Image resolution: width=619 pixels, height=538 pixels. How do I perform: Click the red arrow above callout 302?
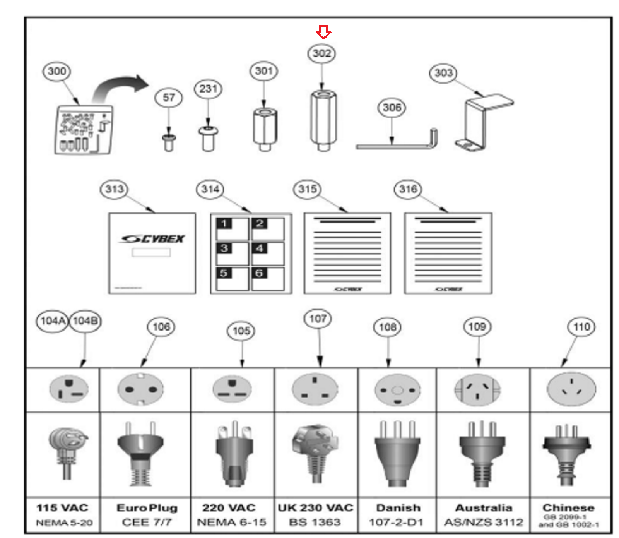click(x=323, y=32)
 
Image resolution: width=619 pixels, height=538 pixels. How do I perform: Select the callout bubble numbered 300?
click(x=57, y=72)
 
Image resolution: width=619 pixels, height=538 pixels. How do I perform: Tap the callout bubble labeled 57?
click(x=169, y=98)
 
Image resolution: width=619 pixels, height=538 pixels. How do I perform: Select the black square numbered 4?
click(x=260, y=248)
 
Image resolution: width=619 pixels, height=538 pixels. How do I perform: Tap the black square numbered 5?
click(x=224, y=273)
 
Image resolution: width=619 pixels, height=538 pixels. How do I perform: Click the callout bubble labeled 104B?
click(x=85, y=321)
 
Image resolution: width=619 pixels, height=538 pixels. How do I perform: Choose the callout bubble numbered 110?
click(x=581, y=327)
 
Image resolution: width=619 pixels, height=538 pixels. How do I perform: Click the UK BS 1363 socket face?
click(x=315, y=389)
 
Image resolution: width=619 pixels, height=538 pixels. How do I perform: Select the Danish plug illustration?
click(x=397, y=453)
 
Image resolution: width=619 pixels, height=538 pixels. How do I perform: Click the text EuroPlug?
click(x=147, y=508)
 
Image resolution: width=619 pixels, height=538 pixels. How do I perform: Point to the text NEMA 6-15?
click(x=232, y=523)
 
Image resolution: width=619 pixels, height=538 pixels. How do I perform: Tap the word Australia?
click(x=484, y=508)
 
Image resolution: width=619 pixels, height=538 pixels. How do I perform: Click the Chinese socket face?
click(x=571, y=389)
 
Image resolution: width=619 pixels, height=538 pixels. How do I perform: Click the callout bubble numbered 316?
click(x=408, y=189)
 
